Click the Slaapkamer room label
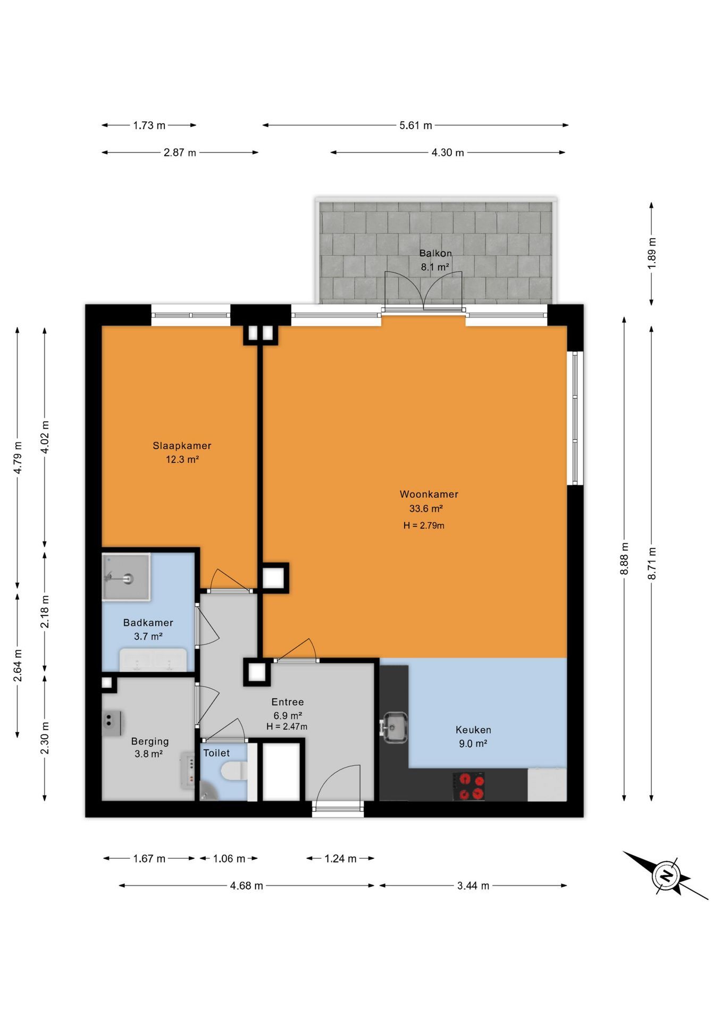(182, 446)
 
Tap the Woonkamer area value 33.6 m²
(426, 508)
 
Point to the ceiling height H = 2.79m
(424, 525)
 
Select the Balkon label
(435, 253)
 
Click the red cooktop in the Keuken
(468, 786)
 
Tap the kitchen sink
(394, 727)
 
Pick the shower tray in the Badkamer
(126, 577)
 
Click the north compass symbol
(666, 875)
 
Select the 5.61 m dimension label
(416, 125)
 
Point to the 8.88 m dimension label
(624, 558)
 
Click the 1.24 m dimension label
(340, 858)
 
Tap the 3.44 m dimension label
(473, 885)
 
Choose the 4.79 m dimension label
(18, 458)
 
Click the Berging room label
(150, 741)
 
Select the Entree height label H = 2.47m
(287, 726)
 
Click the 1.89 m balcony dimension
(652, 253)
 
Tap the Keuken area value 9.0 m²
(473, 743)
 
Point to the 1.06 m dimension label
(229, 858)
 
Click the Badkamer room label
(148, 622)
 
